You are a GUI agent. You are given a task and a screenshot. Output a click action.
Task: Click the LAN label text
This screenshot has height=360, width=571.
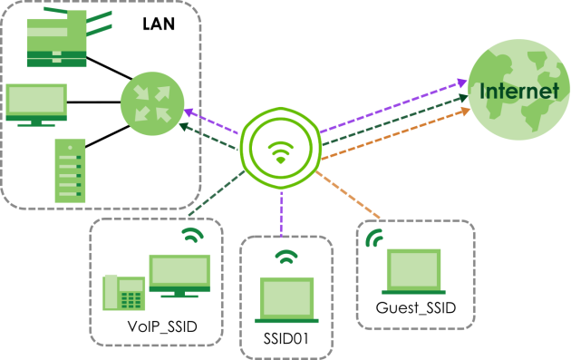pyautogui.click(x=159, y=24)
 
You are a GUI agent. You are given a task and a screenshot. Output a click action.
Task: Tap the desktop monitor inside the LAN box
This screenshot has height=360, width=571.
pyautogui.click(x=36, y=105)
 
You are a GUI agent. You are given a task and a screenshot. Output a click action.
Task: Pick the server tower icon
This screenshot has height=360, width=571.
pyautogui.click(x=71, y=170)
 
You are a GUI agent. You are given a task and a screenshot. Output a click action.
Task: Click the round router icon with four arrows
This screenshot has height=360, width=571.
pyautogui.click(x=152, y=103)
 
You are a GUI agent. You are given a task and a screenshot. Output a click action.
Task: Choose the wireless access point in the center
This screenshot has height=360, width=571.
pyautogui.click(x=280, y=148)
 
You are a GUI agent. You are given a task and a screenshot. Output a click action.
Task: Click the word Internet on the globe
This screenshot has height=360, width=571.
pyautogui.click(x=519, y=91)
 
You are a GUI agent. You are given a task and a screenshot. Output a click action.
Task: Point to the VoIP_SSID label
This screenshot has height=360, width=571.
pyautogui.click(x=162, y=326)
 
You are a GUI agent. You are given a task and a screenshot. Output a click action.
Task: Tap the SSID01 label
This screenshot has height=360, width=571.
pyautogui.click(x=285, y=338)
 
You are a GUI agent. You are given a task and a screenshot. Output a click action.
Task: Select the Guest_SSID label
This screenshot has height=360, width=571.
pyautogui.click(x=416, y=308)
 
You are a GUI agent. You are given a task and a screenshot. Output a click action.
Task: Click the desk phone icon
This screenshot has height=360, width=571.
pyautogui.click(x=124, y=293)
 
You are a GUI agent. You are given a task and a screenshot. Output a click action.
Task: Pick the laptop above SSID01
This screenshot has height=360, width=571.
pyautogui.click(x=286, y=300)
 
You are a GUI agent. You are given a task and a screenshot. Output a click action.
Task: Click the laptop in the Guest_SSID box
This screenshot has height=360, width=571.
pyautogui.click(x=413, y=271)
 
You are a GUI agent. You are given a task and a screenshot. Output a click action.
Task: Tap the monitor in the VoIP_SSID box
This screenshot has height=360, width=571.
pyautogui.click(x=179, y=276)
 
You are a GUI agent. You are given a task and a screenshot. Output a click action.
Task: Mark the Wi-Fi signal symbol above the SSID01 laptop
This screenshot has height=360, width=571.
pyautogui.click(x=286, y=257)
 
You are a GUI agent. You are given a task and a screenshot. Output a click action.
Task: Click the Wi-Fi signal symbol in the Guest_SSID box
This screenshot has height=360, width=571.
pyautogui.click(x=374, y=238)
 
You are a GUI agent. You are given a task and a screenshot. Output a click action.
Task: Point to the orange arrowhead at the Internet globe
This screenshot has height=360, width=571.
pyautogui.click(x=465, y=112)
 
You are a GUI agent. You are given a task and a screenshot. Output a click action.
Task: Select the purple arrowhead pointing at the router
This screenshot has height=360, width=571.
pyautogui.click(x=189, y=112)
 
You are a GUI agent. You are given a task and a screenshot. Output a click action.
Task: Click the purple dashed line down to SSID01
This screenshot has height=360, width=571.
pyautogui.click(x=282, y=213)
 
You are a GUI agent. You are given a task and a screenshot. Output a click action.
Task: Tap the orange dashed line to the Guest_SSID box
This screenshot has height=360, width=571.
pyautogui.click(x=348, y=195)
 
